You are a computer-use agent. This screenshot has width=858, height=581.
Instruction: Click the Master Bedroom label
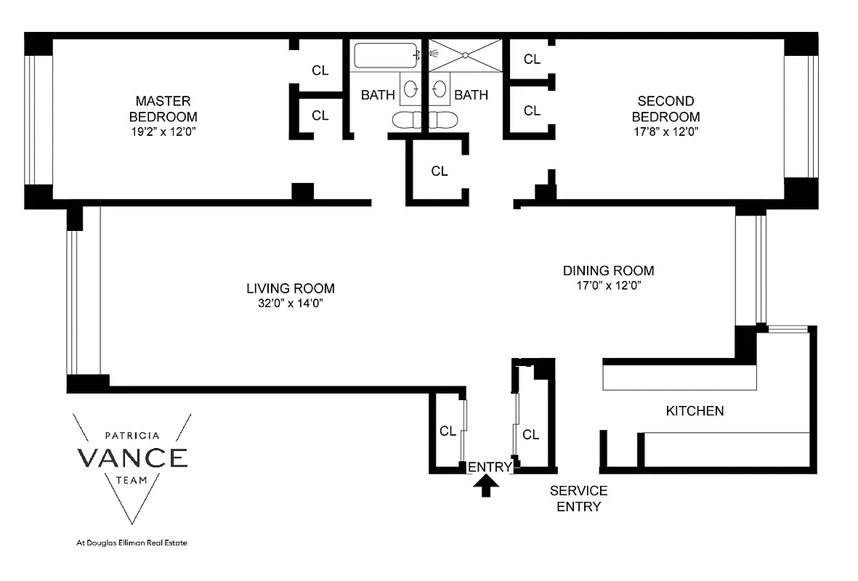pos(163,108)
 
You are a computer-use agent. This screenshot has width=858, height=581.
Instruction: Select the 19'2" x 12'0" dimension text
pos(163,132)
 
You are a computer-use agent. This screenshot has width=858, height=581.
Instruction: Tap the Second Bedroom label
pos(665,108)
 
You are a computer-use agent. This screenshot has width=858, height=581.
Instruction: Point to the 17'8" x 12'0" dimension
pos(665,132)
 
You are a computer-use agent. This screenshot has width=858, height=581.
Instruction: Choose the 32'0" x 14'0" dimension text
pos(284,304)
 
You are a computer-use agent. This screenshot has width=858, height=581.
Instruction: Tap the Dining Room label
pos(608,271)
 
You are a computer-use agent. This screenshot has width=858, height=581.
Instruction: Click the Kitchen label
pos(695,411)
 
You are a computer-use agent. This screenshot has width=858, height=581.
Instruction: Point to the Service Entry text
pos(578,499)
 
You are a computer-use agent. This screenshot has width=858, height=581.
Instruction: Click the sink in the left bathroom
pos(410,89)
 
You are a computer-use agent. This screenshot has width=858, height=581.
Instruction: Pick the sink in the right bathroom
pos(440,89)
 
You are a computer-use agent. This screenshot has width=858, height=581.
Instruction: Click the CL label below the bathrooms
pos(439,171)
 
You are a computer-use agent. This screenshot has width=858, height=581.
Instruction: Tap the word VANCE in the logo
pos(132,458)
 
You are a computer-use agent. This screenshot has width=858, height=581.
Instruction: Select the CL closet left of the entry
pos(448,431)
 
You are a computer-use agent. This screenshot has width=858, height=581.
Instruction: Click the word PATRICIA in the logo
pos(132,436)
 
